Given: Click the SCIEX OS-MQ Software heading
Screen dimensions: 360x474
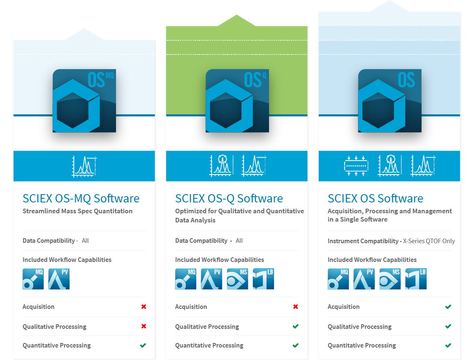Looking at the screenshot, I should [81, 198].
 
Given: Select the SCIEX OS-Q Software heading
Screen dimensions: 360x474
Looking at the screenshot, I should [229, 198].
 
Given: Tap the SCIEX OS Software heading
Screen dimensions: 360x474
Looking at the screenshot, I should [375, 198].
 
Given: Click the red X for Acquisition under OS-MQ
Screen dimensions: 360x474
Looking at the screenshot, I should [143, 307].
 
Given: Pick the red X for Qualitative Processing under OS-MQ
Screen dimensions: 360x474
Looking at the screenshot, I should [143, 326].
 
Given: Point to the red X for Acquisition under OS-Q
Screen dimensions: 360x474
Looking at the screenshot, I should [296, 307].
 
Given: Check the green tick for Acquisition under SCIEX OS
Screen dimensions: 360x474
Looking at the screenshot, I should [448, 307].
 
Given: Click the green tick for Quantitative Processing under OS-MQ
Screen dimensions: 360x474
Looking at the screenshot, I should [143, 345].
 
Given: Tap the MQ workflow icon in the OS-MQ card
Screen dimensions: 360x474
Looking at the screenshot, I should [33, 279].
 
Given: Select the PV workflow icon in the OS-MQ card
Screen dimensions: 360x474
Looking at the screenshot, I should [59, 279].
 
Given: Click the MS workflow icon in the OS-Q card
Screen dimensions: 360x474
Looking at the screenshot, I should [237, 279].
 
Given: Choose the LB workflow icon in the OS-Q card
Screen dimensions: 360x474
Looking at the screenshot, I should [263, 279].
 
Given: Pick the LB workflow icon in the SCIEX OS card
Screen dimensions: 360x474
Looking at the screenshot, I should [416, 279].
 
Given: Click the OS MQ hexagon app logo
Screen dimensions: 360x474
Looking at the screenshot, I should [84, 101].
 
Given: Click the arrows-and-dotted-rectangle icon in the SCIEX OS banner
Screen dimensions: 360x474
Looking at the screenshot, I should [356, 166].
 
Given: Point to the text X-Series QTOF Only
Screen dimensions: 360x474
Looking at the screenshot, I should [429, 241].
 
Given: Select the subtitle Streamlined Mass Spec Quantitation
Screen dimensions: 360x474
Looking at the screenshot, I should [77, 211].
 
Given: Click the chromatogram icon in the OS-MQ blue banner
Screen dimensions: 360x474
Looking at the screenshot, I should [84, 166].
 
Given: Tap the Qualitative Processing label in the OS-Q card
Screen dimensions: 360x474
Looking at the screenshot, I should [207, 327].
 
